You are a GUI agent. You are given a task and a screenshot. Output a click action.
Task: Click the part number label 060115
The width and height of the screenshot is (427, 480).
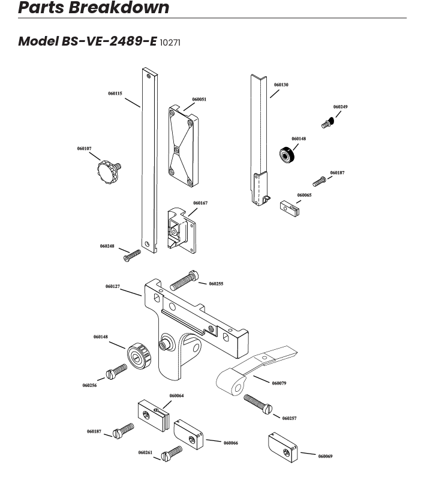click(x=115, y=94)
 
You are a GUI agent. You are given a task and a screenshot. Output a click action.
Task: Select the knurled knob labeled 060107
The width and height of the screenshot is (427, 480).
click(x=109, y=172)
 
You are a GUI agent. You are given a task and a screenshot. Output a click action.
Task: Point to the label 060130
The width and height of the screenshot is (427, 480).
click(x=281, y=85)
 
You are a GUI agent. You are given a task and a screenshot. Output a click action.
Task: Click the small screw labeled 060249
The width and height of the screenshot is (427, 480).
click(x=327, y=122)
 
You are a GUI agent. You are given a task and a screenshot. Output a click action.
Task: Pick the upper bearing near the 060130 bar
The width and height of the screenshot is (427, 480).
click(x=287, y=155)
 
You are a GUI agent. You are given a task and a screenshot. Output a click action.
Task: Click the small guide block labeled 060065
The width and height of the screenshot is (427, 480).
click(x=289, y=208)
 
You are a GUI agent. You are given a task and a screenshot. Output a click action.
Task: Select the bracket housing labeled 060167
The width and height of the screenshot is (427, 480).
click(x=181, y=230)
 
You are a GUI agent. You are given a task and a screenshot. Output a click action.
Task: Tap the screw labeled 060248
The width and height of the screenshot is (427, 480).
click(x=132, y=256)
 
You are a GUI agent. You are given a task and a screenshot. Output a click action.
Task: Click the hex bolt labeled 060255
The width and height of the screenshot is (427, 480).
click(x=184, y=280)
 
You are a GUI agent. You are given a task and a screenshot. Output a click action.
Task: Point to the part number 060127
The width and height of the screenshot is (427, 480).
click(x=113, y=287)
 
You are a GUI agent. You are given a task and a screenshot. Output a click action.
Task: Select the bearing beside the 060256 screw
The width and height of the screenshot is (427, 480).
click(x=140, y=356)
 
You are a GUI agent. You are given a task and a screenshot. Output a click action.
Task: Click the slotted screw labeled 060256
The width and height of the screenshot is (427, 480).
click(x=116, y=371)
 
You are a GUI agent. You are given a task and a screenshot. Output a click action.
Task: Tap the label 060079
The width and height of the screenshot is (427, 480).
click(x=279, y=383)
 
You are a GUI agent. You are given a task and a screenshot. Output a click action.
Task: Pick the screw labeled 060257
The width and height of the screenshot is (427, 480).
click(x=257, y=404)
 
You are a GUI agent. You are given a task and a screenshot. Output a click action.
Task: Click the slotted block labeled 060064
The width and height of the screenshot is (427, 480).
click(x=154, y=416)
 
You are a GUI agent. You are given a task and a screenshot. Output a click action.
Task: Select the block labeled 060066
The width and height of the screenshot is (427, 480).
click(x=188, y=434)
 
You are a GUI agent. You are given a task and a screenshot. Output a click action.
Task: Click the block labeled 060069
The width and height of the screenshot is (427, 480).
click(x=282, y=448)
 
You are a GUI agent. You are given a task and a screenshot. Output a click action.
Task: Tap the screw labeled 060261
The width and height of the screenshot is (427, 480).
click(x=172, y=454)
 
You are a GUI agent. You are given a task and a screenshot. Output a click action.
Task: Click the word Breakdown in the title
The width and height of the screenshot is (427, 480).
click(x=119, y=7)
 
